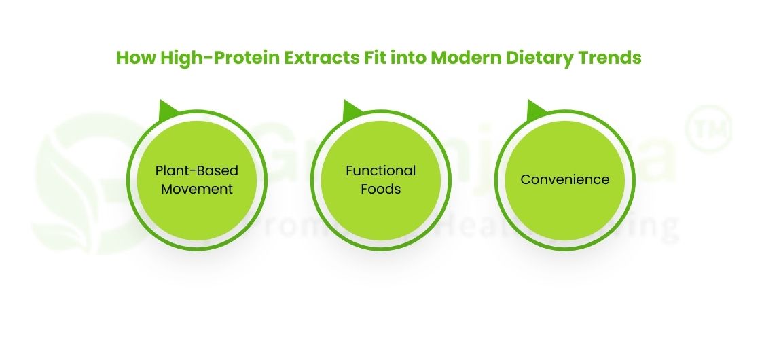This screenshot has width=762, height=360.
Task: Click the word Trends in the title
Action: coord(609,58)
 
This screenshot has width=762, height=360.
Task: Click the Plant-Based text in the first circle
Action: coord(197,170)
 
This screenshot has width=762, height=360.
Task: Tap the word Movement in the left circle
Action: coord(197,188)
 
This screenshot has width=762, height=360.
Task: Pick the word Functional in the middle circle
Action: coord(381,170)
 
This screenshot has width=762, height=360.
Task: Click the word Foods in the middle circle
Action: coord(381,188)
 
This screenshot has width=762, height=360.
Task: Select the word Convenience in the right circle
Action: coord(565,179)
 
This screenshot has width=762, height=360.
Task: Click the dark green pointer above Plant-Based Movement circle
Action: coord(166,109)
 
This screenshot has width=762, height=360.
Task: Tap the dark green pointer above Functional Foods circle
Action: coord(351,109)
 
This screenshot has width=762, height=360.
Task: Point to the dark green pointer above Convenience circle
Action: coord(535,109)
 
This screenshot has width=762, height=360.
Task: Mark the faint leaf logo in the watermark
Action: coord(75,183)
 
